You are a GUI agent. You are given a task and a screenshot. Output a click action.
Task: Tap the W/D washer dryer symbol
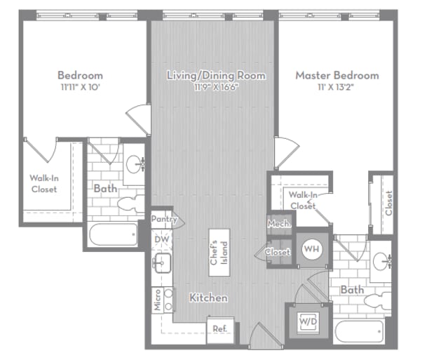(x=305, y=321)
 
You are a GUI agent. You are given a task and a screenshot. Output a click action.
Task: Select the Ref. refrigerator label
(x=219, y=328)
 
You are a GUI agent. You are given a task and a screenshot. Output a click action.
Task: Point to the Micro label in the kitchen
(x=158, y=299)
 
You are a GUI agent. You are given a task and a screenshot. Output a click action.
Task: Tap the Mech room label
(x=276, y=224)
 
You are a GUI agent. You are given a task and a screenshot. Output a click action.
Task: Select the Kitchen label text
(x=208, y=298)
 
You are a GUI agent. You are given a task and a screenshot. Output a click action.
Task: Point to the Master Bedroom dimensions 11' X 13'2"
(x=337, y=86)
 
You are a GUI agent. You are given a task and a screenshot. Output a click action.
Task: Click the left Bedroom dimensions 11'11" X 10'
(x=80, y=86)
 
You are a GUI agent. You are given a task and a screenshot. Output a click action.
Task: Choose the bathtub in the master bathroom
(x=360, y=330)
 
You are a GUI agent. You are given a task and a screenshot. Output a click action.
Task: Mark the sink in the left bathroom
(x=135, y=165)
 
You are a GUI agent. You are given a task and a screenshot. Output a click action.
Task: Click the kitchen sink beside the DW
(x=165, y=264)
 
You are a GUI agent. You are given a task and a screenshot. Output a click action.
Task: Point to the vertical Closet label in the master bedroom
(x=388, y=203)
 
